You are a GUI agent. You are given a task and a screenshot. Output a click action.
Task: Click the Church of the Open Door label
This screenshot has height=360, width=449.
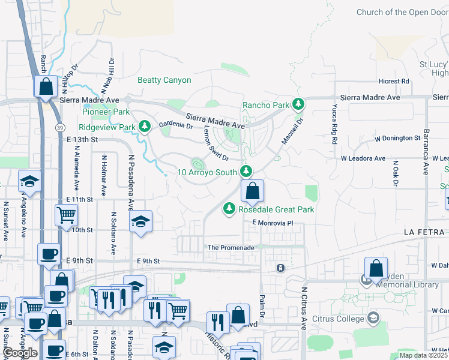(402, 12)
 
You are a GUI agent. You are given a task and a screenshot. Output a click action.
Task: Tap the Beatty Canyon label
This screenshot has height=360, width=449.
(164, 80)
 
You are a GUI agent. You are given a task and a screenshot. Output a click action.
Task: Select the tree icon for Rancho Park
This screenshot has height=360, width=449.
(298, 104)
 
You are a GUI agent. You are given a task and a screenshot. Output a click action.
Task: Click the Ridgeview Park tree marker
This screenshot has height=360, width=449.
(144, 127)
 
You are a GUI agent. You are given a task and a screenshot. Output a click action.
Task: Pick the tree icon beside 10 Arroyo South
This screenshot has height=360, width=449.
(246, 172)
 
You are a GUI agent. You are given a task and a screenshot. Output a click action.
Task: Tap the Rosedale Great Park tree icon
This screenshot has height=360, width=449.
(228, 209)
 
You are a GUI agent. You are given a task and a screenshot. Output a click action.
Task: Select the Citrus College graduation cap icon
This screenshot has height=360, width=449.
(373, 317)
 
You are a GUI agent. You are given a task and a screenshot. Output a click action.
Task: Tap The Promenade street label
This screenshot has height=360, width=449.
(231, 247)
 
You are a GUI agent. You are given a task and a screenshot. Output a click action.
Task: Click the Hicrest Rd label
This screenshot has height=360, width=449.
(393, 81)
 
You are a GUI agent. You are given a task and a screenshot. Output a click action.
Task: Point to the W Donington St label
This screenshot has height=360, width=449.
(397, 138)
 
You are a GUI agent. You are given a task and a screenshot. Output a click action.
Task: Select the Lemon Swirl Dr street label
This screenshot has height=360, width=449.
(216, 146)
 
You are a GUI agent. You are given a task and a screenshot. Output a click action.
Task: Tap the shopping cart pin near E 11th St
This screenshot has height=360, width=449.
(66, 214)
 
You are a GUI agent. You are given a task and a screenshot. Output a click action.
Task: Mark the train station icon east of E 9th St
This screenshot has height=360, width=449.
(280, 268)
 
